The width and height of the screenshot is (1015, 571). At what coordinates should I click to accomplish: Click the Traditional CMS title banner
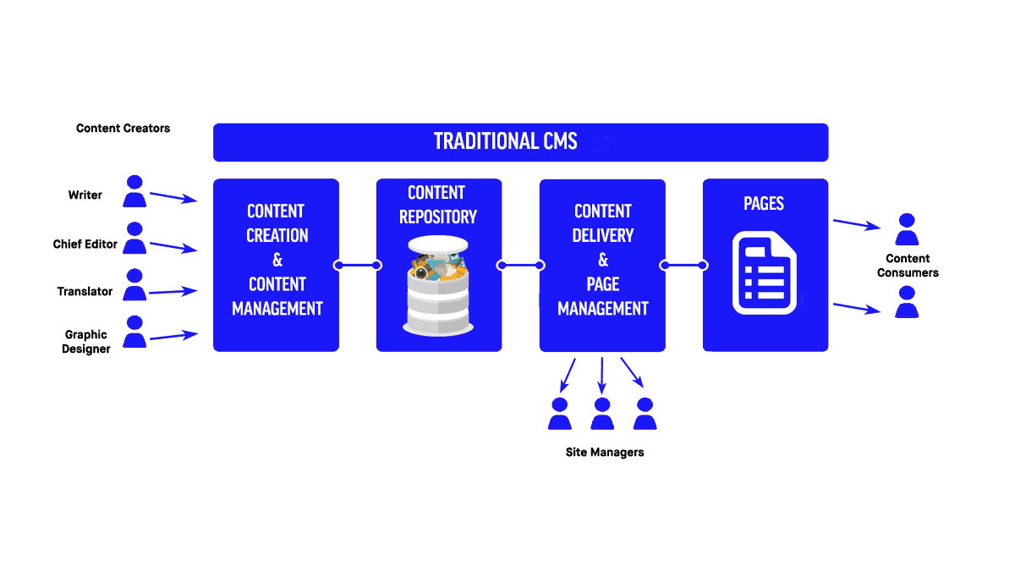pos(520,142)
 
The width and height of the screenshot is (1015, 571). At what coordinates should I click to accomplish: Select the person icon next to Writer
pos(134,192)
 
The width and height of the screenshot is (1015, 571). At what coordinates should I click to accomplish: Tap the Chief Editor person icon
pos(134,239)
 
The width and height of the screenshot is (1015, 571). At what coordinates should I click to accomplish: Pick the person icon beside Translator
pos(134,286)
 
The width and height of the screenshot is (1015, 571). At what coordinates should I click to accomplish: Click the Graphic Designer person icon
pos(134,332)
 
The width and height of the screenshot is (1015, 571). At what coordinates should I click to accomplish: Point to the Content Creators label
pos(123,129)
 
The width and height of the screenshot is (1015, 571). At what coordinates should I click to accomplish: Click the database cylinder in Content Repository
pos(438,285)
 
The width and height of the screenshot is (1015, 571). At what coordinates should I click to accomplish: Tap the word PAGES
pos(764,204)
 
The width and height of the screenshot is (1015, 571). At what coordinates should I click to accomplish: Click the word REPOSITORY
pos(438,217)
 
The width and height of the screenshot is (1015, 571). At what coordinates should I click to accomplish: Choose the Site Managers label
pos(604,453)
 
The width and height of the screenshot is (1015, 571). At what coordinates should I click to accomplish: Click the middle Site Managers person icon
pos(602,414)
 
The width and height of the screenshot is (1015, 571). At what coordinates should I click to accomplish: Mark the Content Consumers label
pos(908,266)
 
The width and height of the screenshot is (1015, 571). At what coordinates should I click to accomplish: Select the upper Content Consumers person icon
pos(907,229)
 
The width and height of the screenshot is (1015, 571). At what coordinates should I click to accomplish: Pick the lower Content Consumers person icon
pos(907,302)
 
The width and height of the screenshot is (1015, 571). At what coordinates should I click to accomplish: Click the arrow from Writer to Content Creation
pos(173,198)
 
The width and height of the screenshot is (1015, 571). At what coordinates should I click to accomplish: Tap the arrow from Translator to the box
pos(173,291)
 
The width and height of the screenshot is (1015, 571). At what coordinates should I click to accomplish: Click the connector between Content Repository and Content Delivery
pos(520,266)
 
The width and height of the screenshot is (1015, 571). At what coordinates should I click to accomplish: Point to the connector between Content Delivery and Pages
pos(683,266)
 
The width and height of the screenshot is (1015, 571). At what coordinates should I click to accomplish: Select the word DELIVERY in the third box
pos(603,235)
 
